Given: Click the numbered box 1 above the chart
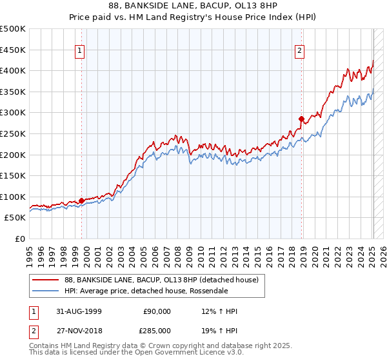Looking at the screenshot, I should (x=79, y=51).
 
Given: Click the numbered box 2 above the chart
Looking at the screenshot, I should (x=300, y=51).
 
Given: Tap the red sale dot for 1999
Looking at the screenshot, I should (x=82, y=200).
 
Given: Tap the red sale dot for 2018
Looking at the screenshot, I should (x=301, y=119).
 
